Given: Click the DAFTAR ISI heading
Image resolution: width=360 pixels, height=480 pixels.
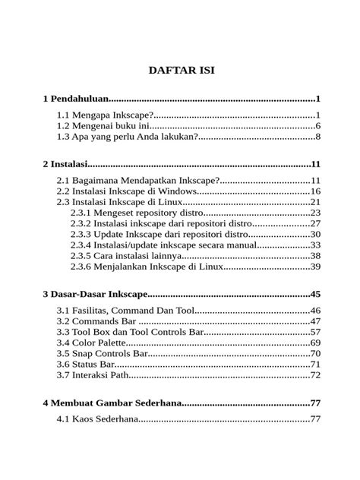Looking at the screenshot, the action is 181,70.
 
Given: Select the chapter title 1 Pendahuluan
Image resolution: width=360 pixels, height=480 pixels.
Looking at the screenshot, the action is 76,99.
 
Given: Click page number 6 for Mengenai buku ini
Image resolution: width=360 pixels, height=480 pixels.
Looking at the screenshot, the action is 317,126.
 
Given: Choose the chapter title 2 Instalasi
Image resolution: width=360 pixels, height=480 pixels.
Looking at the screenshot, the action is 65,164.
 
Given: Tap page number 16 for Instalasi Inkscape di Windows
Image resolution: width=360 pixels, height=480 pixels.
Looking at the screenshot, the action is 315,191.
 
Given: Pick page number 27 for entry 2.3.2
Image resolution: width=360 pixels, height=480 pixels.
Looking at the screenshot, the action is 315,224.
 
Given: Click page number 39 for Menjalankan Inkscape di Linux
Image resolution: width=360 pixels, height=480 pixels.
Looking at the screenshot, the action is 315,267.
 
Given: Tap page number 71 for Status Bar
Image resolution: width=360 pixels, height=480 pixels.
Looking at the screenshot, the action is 315,365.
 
